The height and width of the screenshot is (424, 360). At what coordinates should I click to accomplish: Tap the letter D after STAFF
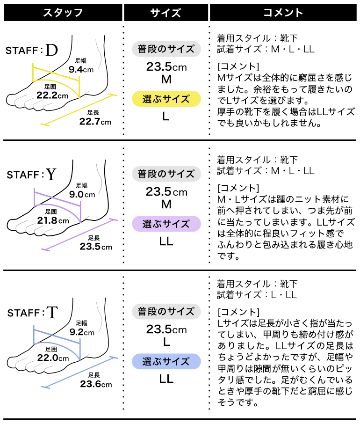52,50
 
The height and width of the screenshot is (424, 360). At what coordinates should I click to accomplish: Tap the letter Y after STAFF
50,175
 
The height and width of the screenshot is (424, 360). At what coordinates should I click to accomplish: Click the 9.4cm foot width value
81,69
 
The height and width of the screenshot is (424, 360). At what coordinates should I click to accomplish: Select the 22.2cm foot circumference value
52,95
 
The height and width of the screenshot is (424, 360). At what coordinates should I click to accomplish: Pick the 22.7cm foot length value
95,122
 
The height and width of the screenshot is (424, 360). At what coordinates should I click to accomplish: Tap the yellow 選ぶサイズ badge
166,99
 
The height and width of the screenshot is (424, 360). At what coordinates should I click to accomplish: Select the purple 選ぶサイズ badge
166,224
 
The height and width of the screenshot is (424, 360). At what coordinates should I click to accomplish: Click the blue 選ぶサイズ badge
166,362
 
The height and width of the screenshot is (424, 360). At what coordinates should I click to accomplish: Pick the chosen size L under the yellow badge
166,117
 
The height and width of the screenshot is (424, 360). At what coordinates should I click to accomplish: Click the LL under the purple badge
166,241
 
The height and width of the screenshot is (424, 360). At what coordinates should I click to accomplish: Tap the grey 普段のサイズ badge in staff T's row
166,311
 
